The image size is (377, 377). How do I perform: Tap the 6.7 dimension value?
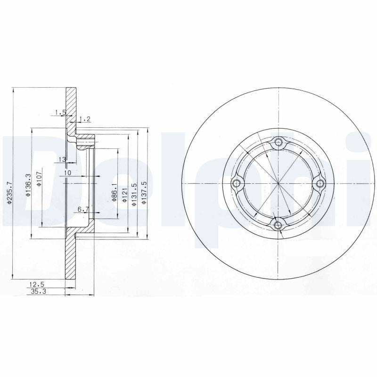click(83, 208)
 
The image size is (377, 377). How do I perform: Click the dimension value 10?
click(67, 173)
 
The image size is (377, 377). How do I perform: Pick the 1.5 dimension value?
click(59, 112)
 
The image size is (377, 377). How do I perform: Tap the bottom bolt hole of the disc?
click(279, 225)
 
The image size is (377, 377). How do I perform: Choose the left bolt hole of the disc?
click(237, 183)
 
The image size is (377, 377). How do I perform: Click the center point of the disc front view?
click(279, 183)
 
